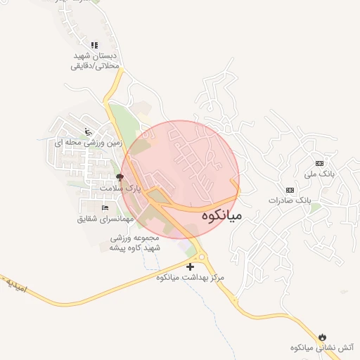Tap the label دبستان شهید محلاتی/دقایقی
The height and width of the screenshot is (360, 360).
point(96,60)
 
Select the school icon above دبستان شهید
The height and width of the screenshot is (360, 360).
point(96,45)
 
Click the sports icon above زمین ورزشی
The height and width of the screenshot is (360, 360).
point(88,131)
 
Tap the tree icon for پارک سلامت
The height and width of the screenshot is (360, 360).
point(119,177)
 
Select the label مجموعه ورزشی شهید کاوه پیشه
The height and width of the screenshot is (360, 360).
point(135,243)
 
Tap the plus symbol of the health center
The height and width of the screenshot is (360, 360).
point(190,266)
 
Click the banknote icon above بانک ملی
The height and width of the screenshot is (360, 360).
point(320,162)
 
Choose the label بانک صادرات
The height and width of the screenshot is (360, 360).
point(289,200)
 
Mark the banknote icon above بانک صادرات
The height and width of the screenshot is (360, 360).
point(289,190)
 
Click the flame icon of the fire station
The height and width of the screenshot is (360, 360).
point(323,337)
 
